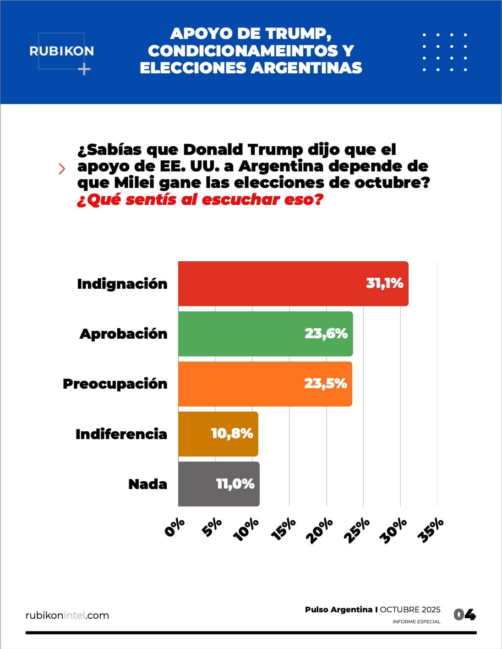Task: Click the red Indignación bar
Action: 293,284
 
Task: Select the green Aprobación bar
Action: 266,334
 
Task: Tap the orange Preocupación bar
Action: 265,384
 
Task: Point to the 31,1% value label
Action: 384,283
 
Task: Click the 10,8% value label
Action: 232,434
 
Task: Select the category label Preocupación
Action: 115,384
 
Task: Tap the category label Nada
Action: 147,484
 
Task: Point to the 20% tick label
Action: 320,530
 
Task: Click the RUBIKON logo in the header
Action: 62,51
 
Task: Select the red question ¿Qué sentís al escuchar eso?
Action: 200,200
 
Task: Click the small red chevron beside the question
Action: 62,169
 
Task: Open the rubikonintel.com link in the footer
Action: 67,616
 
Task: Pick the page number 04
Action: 464,615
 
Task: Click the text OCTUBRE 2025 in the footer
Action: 410,610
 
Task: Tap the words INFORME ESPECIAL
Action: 416,622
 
